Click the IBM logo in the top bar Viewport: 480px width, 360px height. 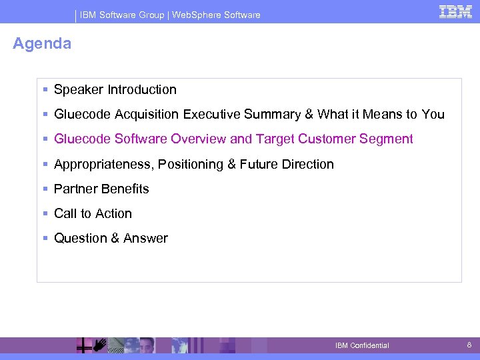click(x=455, y=11)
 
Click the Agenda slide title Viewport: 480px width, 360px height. click(x=42, y=44)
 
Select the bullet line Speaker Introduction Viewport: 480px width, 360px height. click(x=115, y=90)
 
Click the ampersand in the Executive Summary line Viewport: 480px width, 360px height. click(x=309, y=115)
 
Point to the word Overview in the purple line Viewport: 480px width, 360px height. click(x=199, y=139)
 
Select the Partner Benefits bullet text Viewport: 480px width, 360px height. click(x=101, y=189)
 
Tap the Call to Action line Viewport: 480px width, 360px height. click(x=93, y=214)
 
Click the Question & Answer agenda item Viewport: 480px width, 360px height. click(x=111, y=239)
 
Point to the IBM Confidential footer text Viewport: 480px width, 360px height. click(x=362, y=345)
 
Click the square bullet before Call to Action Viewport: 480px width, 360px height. click(x=45, y=214)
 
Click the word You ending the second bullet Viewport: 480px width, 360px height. click(x=433, y=115)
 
